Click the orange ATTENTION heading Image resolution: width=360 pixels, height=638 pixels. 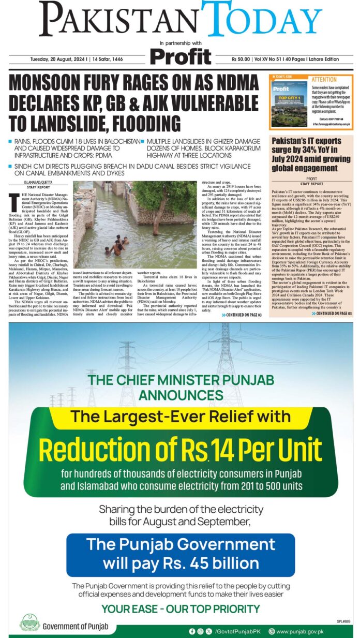tap(324, 80)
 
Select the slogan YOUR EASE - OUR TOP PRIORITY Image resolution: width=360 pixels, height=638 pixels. tap(180, 609)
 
